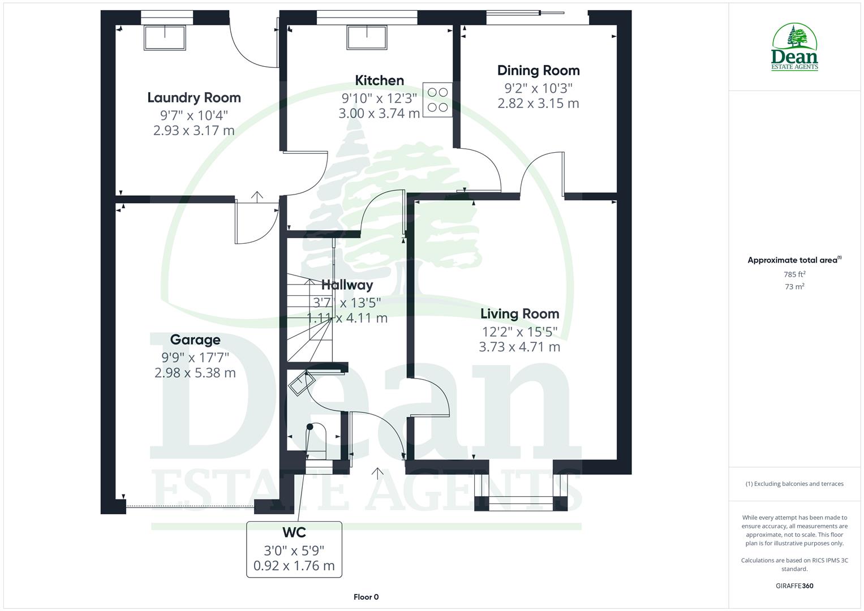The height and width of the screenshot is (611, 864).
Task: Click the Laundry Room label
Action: (194, 98)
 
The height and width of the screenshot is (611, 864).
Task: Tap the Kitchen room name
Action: (379, 80)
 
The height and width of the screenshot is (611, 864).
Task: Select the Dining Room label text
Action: (538, 71)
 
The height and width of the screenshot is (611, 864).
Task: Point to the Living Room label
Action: (519, 314)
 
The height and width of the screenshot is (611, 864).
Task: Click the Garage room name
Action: (195, 339)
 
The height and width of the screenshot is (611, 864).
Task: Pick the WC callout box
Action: (294, 549)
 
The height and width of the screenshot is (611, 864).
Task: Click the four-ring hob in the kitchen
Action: (437, 100)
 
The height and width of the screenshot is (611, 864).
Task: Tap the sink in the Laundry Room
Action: (165, 37)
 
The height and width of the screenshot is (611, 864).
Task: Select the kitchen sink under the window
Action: (367, 37)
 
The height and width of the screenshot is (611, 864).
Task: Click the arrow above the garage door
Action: (257, 196)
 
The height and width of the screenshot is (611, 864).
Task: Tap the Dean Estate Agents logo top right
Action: (794, 48)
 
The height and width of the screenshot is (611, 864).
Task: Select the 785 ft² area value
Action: (794, 274)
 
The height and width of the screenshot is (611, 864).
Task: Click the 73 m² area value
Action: (794, 287)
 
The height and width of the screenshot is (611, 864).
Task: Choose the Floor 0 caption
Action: (366, 597)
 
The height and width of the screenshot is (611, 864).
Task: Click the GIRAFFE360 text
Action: (794, 586)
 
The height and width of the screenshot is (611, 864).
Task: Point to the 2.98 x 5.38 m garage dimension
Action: (195, 373)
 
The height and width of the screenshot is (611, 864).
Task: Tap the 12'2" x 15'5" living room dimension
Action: (519, 332)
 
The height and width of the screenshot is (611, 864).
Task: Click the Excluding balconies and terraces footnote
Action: (794, 484)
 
